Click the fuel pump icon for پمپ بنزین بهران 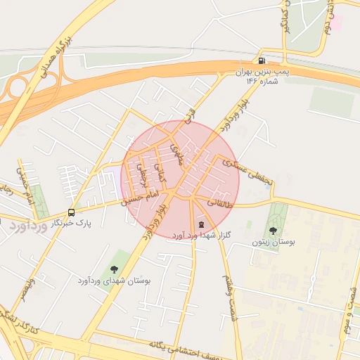tap(262, 60)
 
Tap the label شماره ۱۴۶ tap(262, 81)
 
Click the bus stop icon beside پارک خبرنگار tap(71, 212)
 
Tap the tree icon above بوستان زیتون tap(273, 231)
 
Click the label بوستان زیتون tap(274, 242)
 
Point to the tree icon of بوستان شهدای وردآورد tap(114, 269)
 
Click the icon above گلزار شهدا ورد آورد tap(202, 224)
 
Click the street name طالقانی tap(219, 202)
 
